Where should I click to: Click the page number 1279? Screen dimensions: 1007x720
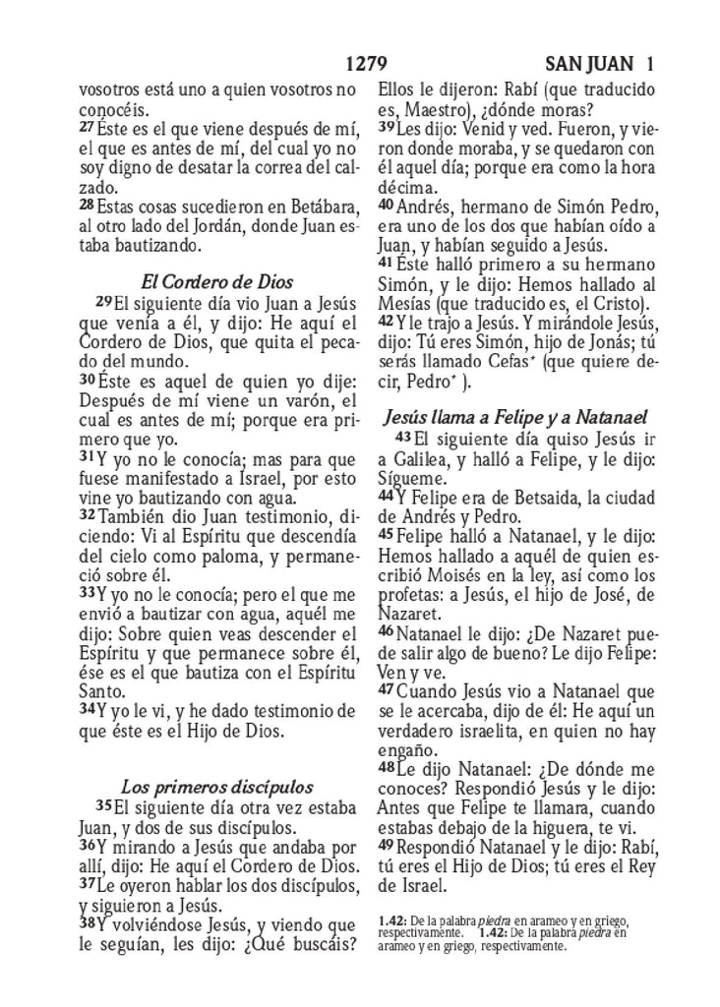[370, 66]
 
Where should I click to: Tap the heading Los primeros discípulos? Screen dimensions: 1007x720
[216, 787]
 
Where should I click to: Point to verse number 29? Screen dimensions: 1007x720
[103, 300]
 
